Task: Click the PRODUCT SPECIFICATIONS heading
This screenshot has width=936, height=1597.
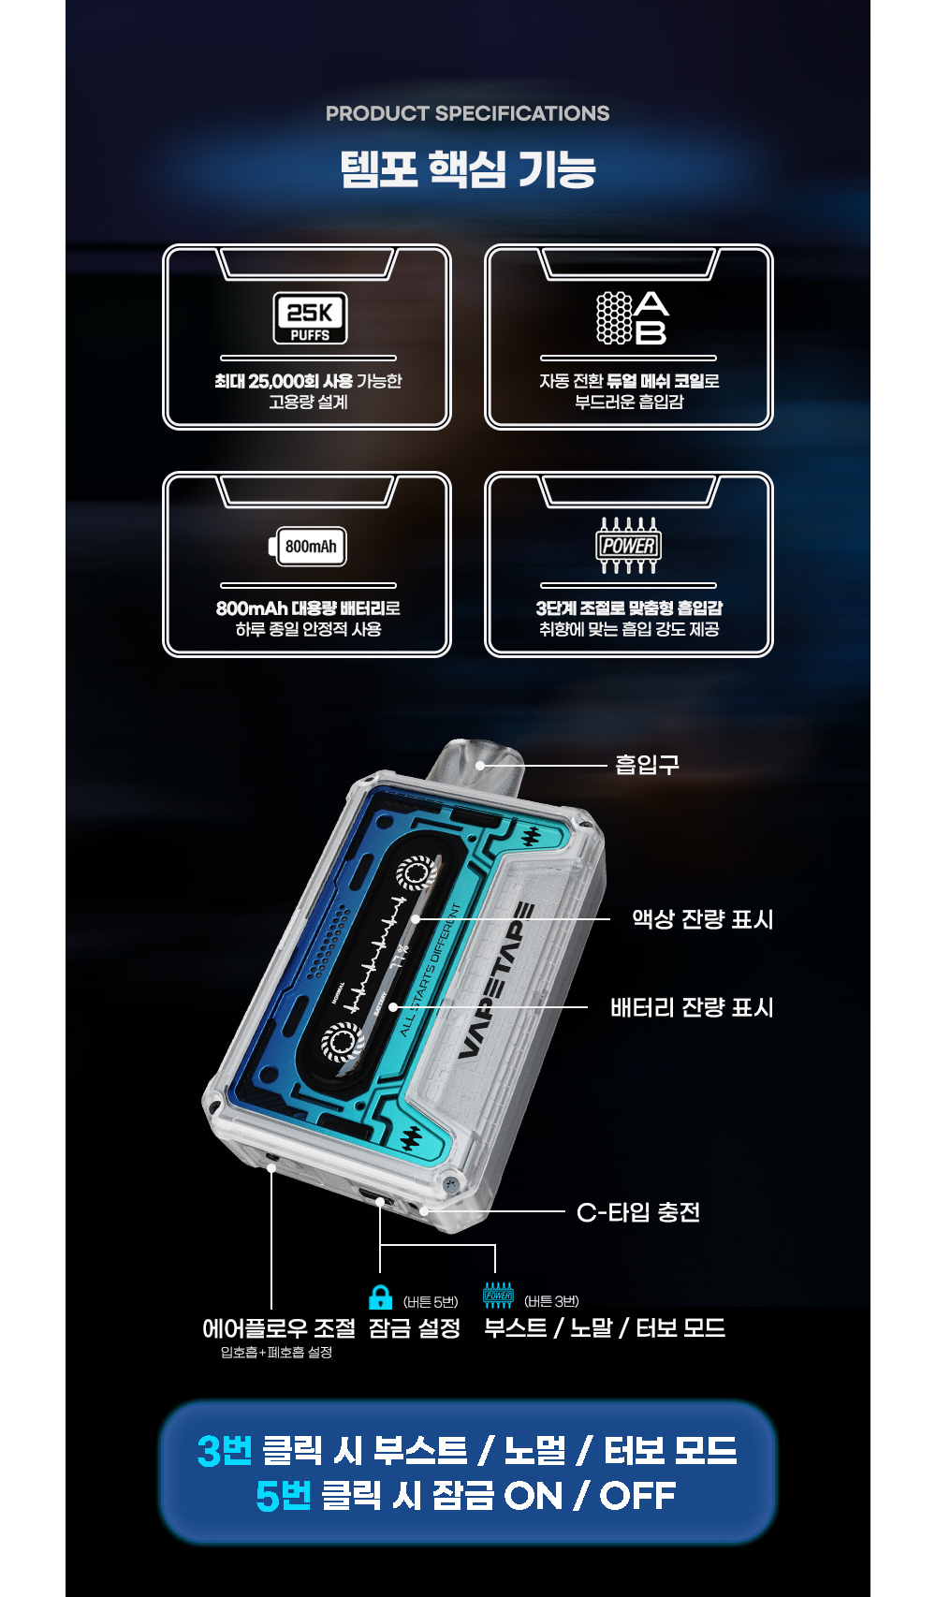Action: point(468,113)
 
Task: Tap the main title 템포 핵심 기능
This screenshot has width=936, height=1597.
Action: point(468,169)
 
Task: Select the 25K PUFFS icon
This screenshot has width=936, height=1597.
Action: point(310,318)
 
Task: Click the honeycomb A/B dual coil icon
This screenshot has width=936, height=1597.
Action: point(633,318)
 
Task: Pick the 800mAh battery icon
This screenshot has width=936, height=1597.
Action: point(307,547)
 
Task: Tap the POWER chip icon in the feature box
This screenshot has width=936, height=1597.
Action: point(628,546)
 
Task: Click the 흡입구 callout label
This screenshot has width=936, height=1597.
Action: point(648,765)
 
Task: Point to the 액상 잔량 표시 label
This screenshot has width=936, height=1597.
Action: point(702,919)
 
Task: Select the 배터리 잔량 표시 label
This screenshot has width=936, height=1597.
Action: point(692,1007)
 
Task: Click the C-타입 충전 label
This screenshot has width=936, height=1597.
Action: point(638,1212)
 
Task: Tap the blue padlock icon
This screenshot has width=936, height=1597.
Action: point(381,1297)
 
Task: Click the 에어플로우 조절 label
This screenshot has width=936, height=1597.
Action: point(279,1328)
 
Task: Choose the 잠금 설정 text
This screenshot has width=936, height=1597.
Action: point(414,1328)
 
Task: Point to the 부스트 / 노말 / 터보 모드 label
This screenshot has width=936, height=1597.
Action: point(605,1328)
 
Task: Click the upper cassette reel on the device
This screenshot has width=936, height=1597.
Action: point(416,872)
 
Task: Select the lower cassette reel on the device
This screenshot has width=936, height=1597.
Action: point(343,1042)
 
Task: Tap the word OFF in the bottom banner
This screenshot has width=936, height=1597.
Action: point(637,1496)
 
